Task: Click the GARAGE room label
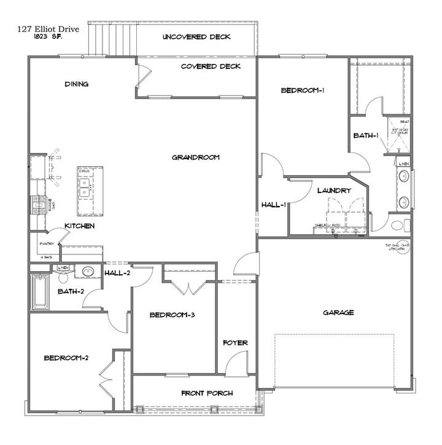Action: [x=338, y=313]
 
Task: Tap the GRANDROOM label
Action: [x=195, y=158]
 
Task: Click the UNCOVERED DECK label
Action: [x=196, y=37]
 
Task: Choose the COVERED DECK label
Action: [x=211, y=66]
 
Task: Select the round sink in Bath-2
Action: [x=88, y=270]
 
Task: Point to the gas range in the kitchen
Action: [x=41, y=203]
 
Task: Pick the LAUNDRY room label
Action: [x=333, y=191]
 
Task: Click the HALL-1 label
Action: [x=273, y=205]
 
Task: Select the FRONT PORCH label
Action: [x=207, y=393]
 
